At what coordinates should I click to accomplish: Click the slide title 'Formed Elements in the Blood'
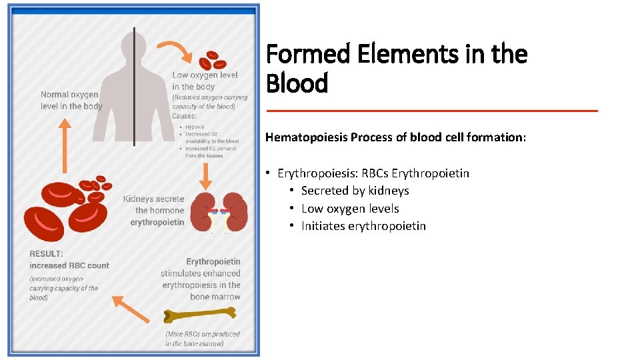[396, 69]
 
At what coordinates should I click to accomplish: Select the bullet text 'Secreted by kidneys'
[355, 191]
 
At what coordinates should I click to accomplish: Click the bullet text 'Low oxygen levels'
[350, 209]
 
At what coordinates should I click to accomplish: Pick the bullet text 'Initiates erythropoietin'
[363, 226]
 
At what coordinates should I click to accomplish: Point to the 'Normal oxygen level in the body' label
[71, 100]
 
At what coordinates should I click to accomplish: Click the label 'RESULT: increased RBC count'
[69, 259]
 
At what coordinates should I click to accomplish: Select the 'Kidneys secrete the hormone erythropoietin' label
[153, 210]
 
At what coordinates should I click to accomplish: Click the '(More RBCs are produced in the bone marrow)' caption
[203, 339]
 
